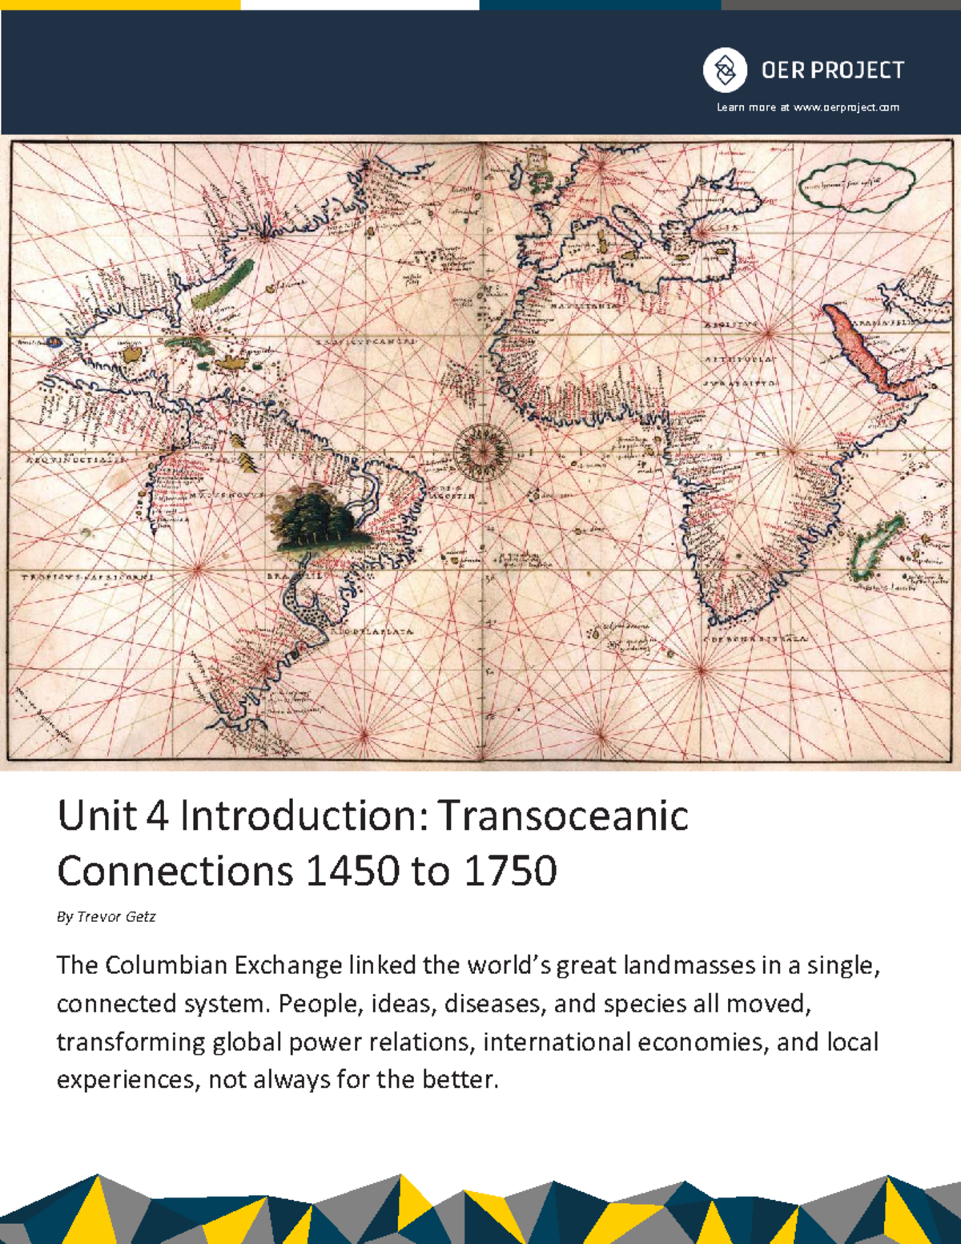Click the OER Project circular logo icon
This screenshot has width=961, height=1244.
pos(725,70)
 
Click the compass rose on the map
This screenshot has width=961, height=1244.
pos(483,449)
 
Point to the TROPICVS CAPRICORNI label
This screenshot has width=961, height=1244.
pos(87,577)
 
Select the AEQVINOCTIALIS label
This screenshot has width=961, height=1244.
pos(69,461)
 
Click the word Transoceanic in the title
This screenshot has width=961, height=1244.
pos(563,816)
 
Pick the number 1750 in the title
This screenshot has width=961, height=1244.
pos(509,871)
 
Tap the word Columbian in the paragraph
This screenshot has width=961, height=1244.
pos(167,965)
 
